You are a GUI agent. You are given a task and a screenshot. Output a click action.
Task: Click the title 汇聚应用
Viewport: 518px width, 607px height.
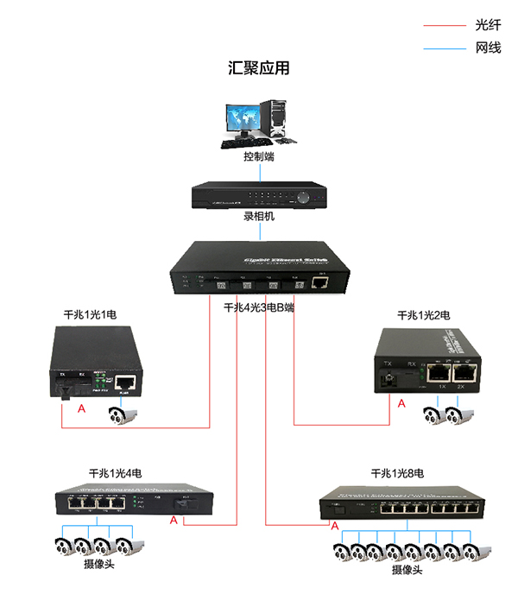[x=259, y=68]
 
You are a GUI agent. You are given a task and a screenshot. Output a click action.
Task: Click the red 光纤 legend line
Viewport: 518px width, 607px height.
[x=445, y=26]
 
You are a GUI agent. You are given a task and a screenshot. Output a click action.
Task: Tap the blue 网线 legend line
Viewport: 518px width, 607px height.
[x=445, y=48]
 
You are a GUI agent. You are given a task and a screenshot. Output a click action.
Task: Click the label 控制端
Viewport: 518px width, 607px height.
[x=259, y=158]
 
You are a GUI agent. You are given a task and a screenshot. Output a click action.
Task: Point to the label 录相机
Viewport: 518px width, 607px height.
[x=259, y=217]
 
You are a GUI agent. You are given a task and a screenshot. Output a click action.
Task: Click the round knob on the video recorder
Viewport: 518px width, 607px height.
[x=304, y=197]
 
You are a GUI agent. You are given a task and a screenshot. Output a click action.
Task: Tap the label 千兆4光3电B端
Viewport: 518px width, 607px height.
[x=259, y=307]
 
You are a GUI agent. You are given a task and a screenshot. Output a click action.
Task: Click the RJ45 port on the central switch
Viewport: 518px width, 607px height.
[x=320, y=281]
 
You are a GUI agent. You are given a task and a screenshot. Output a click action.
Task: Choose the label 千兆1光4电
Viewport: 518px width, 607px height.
[x=116, y=474]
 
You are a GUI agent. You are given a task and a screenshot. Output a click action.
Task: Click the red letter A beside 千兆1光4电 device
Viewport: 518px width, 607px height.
[x=174, y=521]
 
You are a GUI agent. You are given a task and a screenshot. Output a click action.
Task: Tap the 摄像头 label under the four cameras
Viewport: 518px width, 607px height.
[x=98, y=565]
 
